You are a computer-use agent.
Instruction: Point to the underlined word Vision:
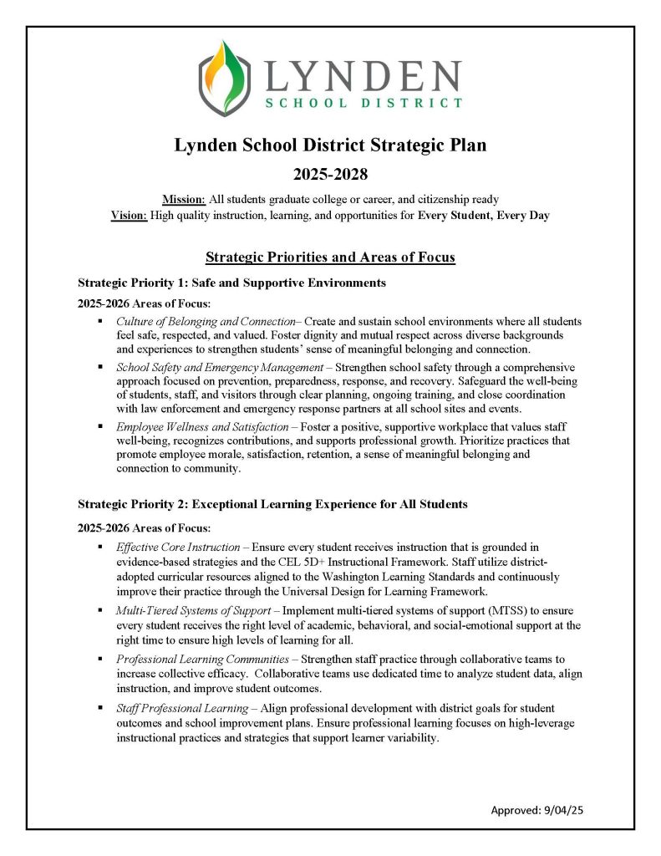tap(129, 215)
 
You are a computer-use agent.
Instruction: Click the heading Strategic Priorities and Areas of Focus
tap(330, 257)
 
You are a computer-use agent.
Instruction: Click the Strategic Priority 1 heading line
tap(231, 283)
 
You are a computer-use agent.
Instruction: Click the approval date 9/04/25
tap(573, 810)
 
